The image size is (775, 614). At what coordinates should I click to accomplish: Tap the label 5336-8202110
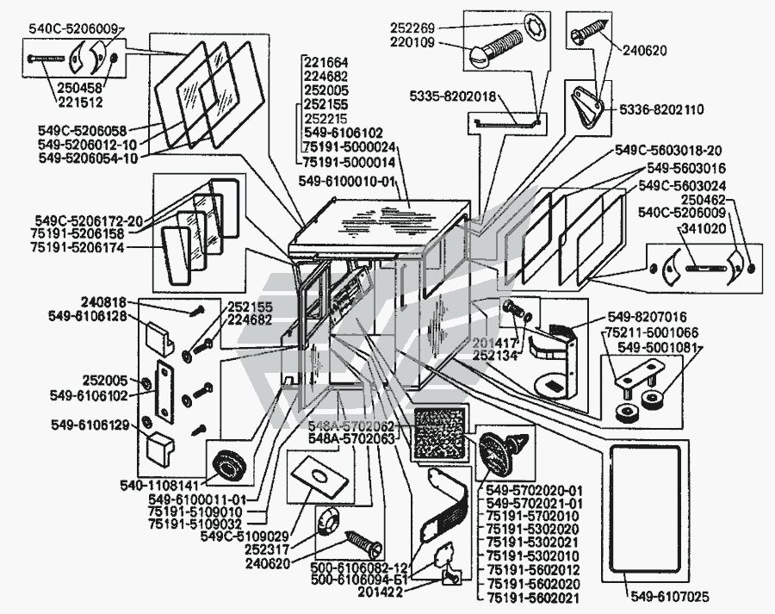(x=660, y=110)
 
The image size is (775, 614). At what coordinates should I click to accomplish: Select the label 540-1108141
(x=166, y=485)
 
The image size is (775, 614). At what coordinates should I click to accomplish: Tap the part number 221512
(x=82, y=101)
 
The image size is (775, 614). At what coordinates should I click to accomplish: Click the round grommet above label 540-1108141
(x=227, y=467)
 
